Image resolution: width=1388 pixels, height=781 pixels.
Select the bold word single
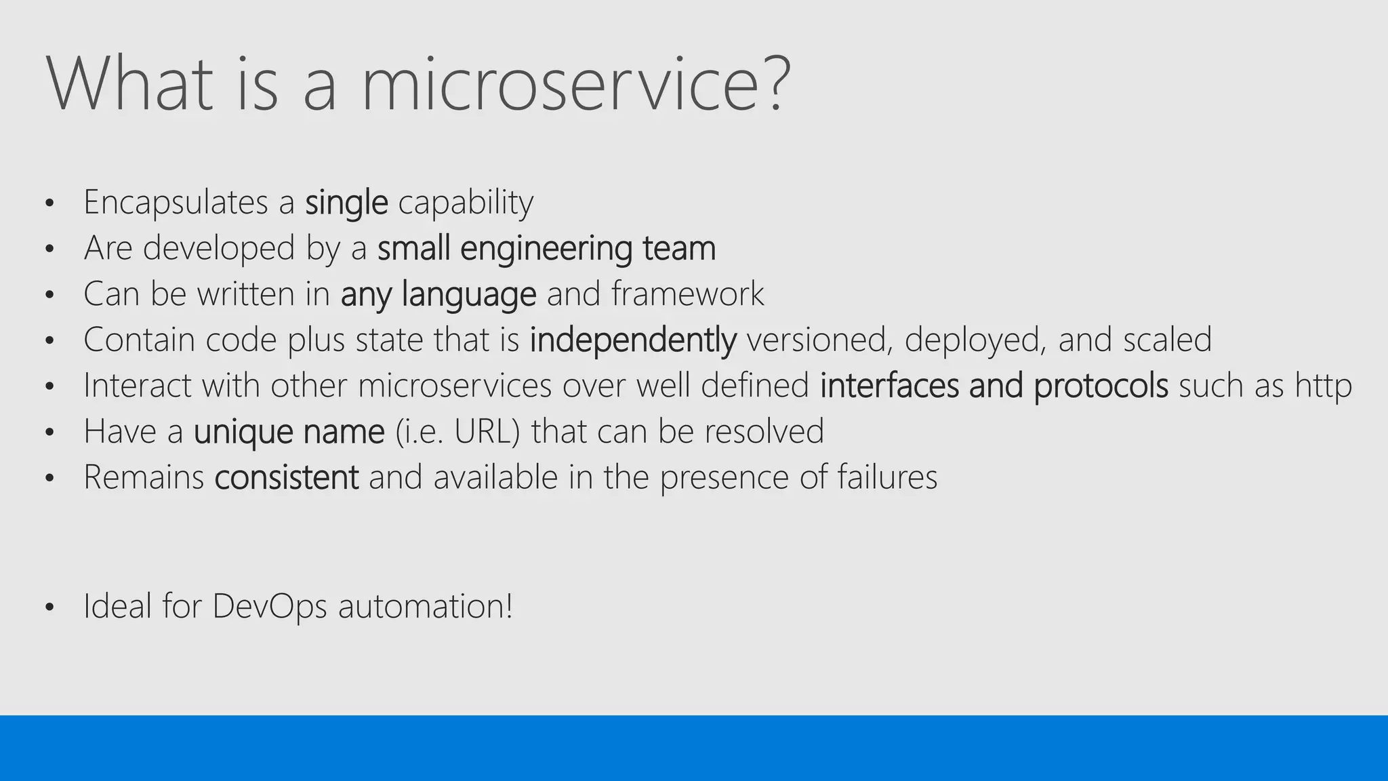[346, 202]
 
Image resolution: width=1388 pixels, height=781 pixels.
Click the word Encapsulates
[176, 202]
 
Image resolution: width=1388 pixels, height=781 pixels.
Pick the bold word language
[469, 294]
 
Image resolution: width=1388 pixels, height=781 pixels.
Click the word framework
[687, 294]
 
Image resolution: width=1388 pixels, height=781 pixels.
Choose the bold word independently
[632, 340]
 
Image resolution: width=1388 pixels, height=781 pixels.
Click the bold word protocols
[1101, 386]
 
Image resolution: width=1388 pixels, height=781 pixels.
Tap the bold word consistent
[286, 477]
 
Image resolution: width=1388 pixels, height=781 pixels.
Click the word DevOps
[270, 606]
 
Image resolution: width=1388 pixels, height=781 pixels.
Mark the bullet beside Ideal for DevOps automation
[49, 607]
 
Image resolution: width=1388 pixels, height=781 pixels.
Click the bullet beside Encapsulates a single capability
[49, 203]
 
